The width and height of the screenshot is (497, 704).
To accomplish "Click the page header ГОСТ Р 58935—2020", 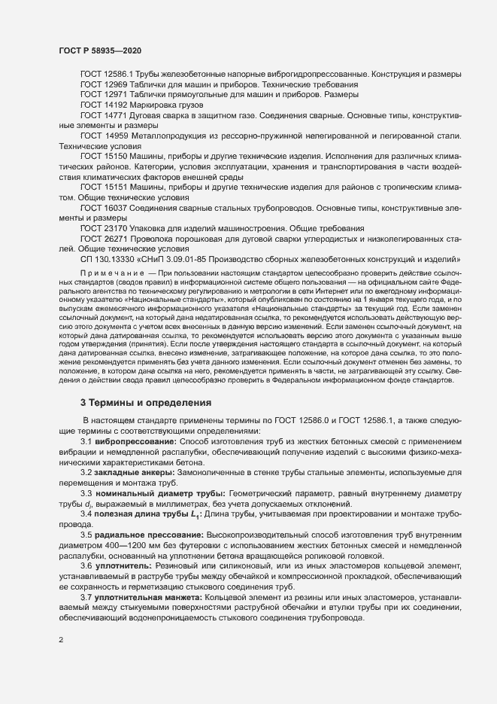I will (99, 50).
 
